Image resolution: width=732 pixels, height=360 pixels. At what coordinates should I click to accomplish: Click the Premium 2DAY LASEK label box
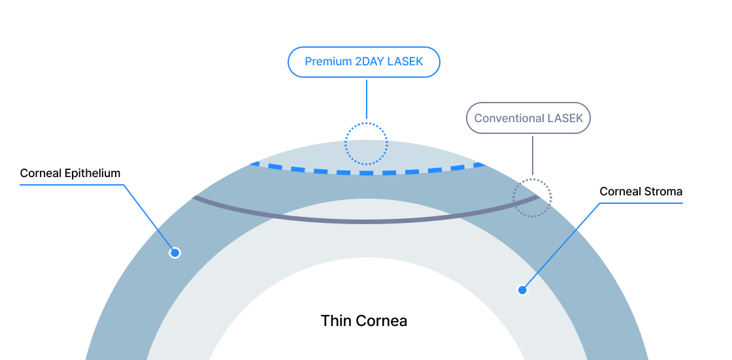[364, 62]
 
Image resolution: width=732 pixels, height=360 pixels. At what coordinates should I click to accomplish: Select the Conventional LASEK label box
[528, 118]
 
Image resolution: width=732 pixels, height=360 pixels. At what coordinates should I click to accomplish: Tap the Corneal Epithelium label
[71, 173]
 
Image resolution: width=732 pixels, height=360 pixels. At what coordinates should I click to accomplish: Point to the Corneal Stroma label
[641, 192]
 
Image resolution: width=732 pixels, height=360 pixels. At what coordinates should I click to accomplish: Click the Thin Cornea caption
[363, 321]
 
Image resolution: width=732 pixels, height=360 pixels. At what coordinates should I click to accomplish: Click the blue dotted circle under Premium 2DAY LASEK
[366, 143]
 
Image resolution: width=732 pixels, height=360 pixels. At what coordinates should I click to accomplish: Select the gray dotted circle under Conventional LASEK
[532, 197]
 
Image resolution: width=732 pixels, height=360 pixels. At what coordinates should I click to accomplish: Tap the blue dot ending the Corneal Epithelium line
[175, 253]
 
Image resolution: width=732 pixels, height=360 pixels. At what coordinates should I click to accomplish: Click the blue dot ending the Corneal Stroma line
[522, 290]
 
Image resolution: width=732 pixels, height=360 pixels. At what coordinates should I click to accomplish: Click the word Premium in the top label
[328, 62]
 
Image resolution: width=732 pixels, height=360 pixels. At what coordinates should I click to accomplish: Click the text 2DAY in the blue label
[371, 62]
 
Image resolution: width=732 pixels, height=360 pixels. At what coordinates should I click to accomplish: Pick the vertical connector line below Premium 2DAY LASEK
[367, 99]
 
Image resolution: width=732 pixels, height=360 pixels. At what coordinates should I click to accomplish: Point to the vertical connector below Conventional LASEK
[533, 155]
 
